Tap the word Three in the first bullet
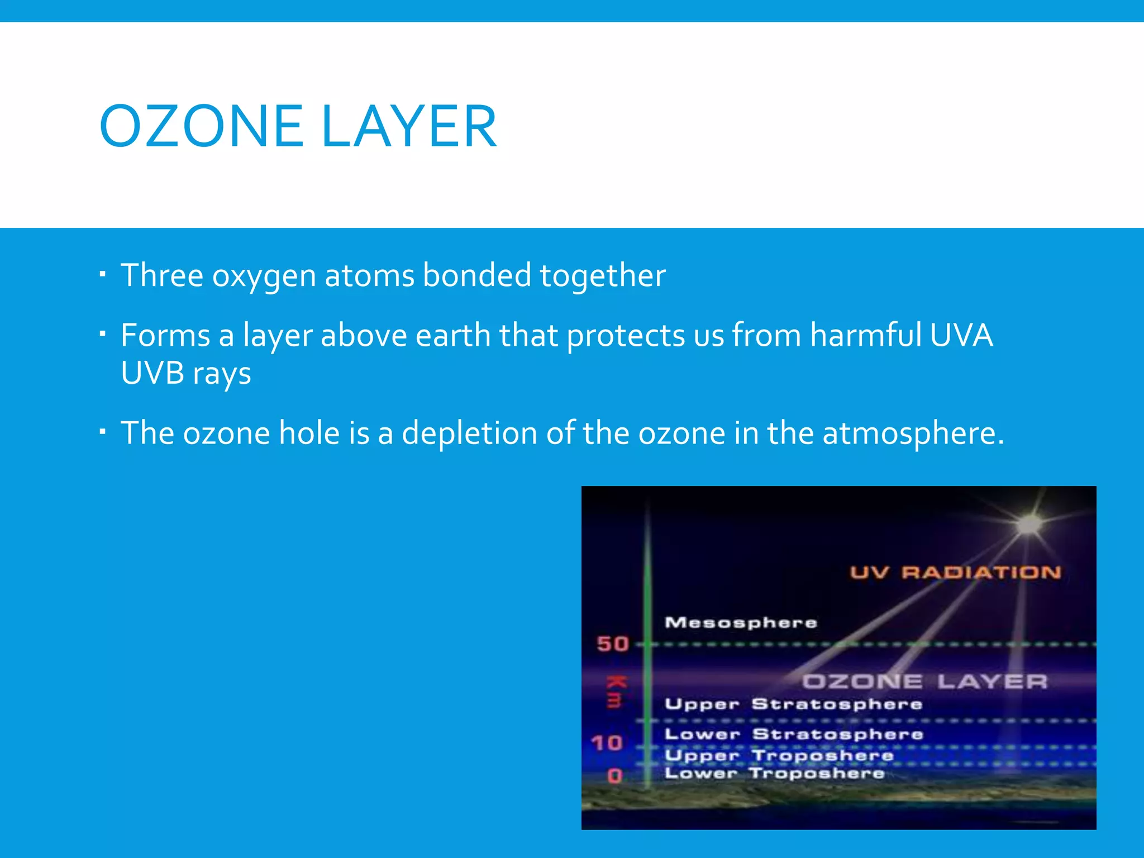coord(161,275)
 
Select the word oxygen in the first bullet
coord(264,277)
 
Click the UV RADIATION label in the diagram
coord(955,573)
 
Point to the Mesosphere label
coord(741,622)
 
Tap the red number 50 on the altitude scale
coord(613,644)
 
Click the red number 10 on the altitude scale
coord(607,743)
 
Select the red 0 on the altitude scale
coord(614,776)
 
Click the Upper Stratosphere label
coord(793,704)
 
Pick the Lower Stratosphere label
coord(793,734)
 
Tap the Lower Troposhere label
coord(774,774)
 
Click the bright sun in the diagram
coord(1029,525)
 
